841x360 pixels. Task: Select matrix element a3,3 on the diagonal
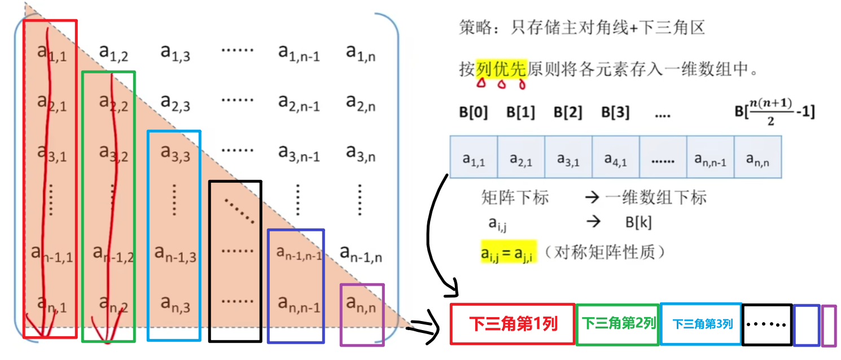pyautogui.click(x=175, y=153)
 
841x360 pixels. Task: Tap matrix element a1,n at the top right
pyautogui.click(x=361, y=53)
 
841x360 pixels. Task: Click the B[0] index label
pyautogui.click(x=473, y=112)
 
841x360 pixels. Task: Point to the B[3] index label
pyautogui.click(x=615, y=112)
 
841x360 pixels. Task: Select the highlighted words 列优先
pyautogui.click(x=501, y=71)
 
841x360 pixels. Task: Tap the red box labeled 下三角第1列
pyautogui.click(x=513, y=324)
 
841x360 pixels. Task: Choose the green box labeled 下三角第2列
pyautogui.click(x=618, y=324)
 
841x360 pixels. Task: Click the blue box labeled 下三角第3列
pyautogui.click(x=701, y=324)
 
